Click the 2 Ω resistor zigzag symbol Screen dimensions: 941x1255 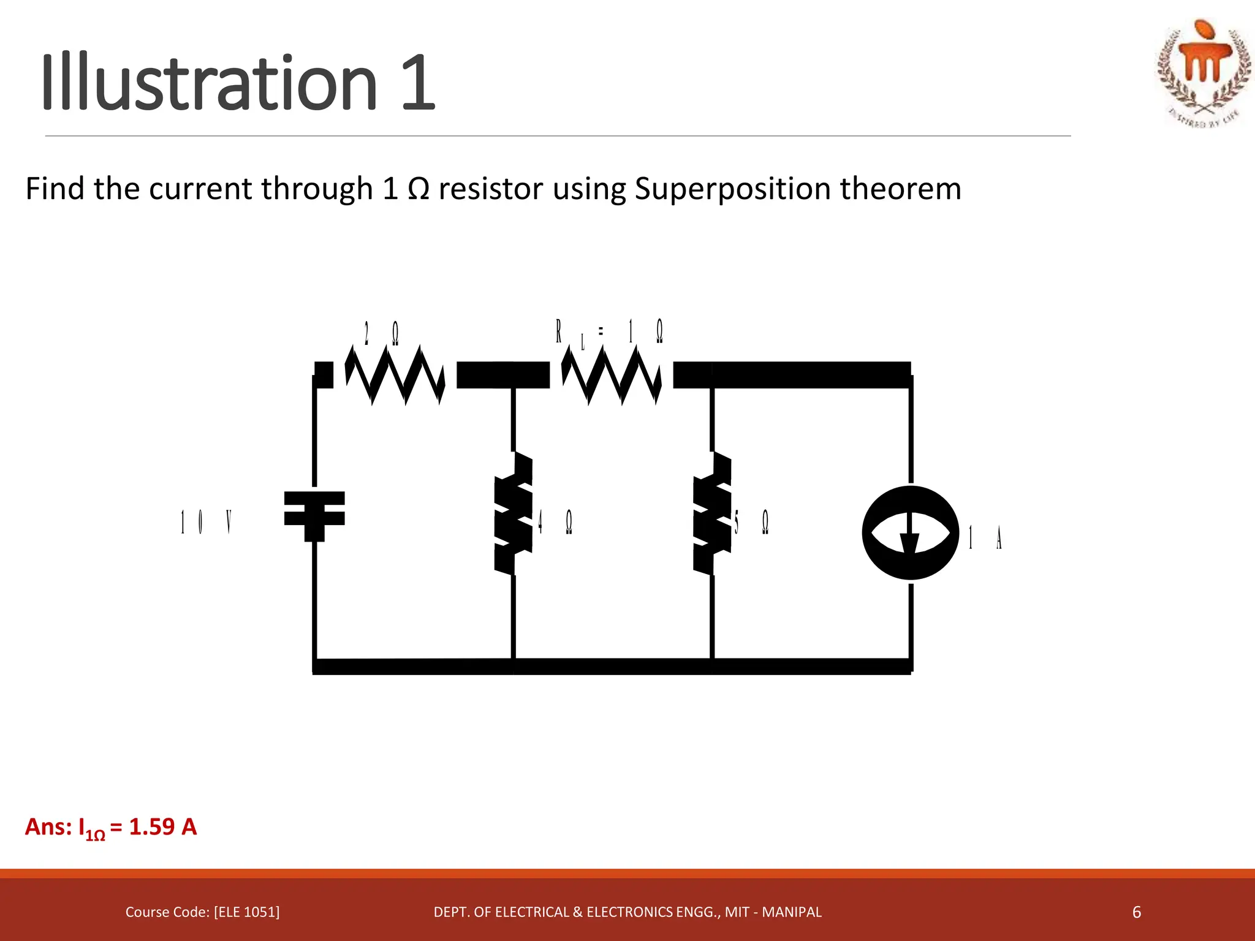click(395, 375)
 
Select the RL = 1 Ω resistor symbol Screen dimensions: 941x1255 click(611, 375)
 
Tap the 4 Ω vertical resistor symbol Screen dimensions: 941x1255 click(514, 513)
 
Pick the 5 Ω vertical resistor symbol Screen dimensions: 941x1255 click(713, 513)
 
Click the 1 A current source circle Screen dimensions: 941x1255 click(911, 532)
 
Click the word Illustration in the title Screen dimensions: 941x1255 click(208, 83)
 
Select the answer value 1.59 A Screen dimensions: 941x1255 click(163, 827)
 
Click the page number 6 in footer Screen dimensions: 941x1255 click(1136, 912)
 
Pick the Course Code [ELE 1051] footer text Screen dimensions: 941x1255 click(202, 912)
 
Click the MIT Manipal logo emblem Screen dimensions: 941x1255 click(1204, 72)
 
